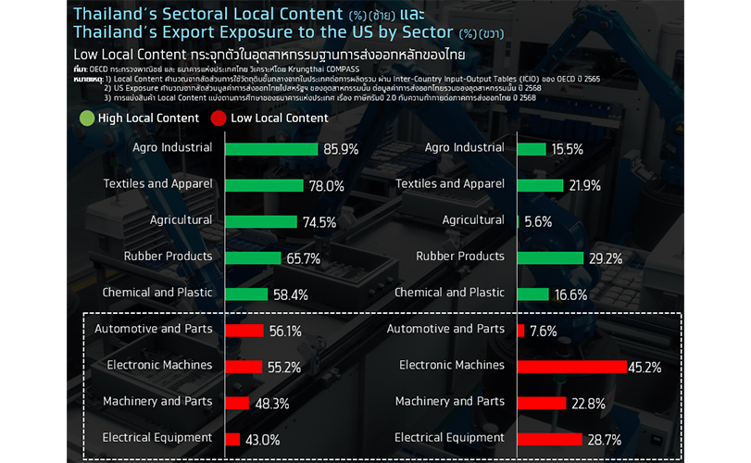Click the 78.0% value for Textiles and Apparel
point(327,185)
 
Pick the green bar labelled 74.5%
point(259,221)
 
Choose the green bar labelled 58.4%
point(251,294)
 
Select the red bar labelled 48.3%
point(237,402)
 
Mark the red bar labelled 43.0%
point(232,438)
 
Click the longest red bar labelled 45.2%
point(572,367)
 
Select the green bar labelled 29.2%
point(550,258)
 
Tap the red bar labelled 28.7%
point(549,438)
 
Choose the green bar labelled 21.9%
point(541,185)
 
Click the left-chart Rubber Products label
point(169,256)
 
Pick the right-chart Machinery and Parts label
point(450,401)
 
